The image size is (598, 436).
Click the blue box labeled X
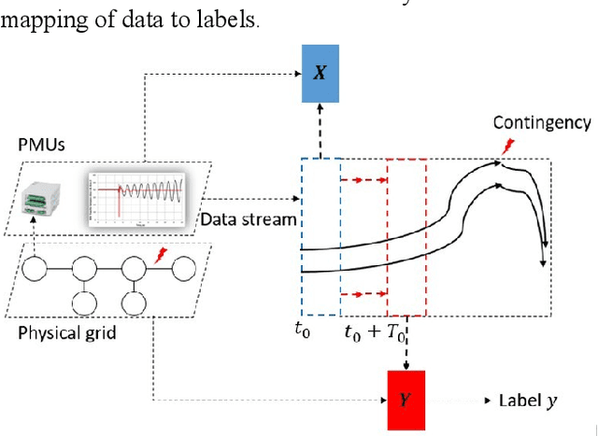tap(320, 73)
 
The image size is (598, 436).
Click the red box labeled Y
tap(405, 399)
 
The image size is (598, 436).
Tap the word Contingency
tap(542, 122)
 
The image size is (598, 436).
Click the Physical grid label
tap(66, 332)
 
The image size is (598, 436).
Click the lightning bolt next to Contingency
tap(508, 146)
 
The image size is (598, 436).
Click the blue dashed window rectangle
tap(320, 238)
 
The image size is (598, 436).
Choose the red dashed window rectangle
tap(406, 238)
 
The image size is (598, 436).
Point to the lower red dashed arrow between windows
tap(363, 294)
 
